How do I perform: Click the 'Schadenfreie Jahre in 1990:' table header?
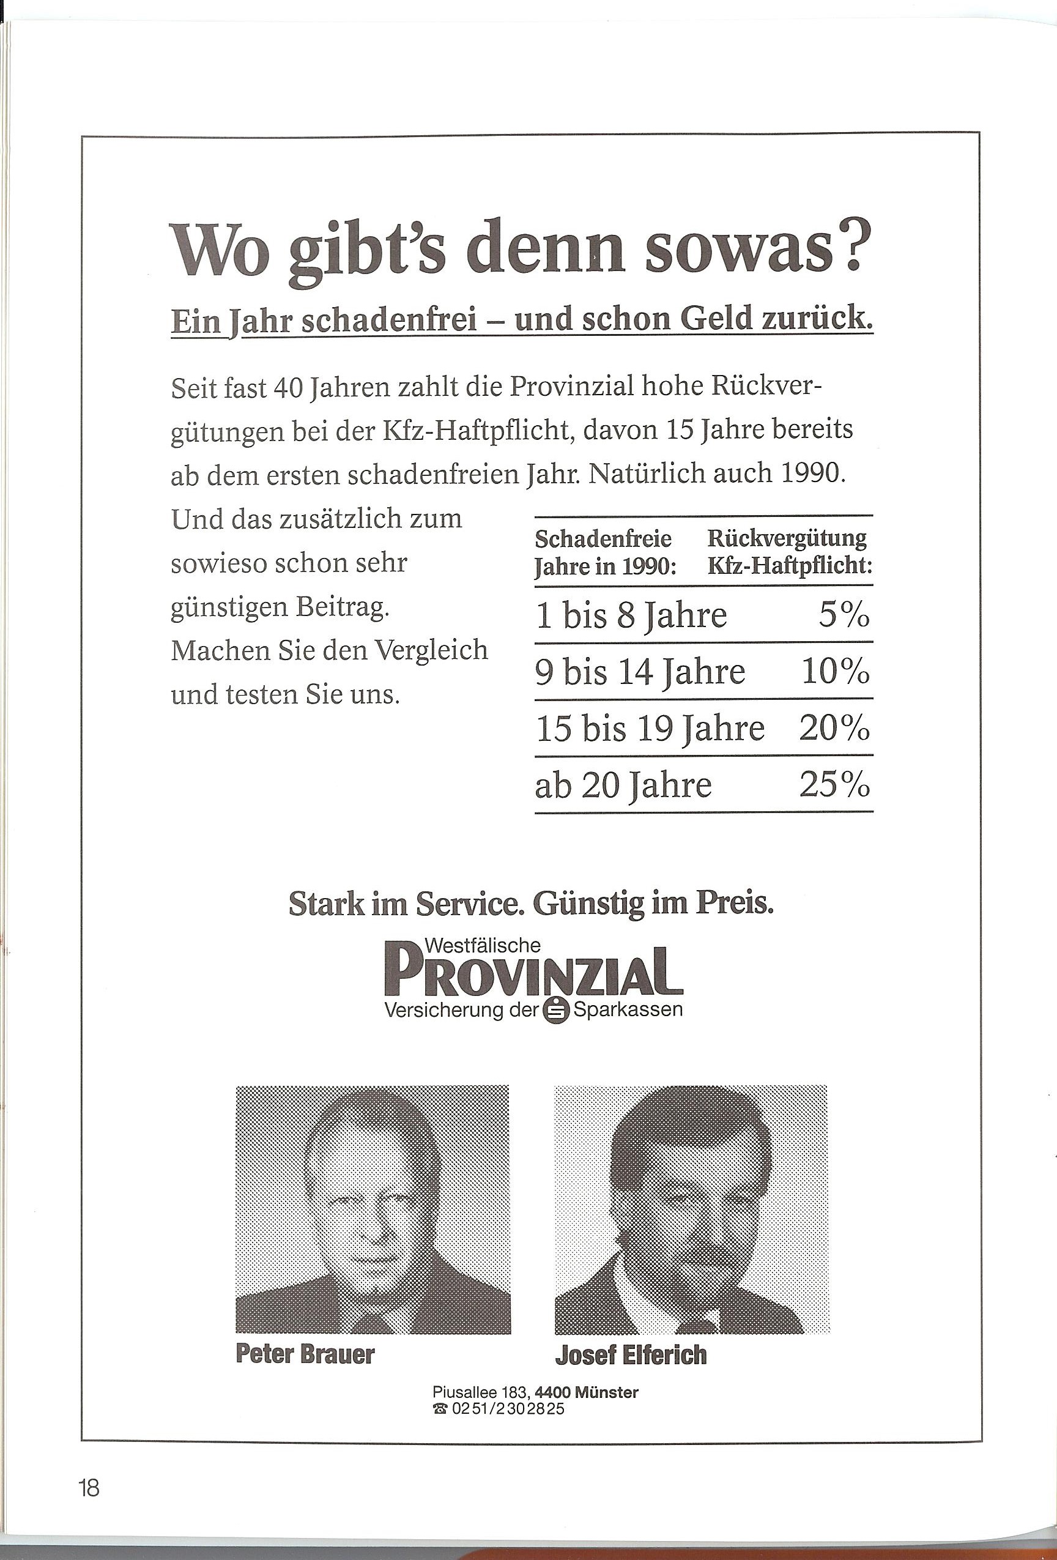[604, 552]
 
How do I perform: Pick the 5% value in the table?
[844, 615]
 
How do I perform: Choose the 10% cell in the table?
[836, 671]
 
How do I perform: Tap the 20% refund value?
[835, 729]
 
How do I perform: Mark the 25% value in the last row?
[835, 785]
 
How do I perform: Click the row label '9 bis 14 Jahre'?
[640, 671]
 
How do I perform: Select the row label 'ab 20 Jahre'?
[623, 785]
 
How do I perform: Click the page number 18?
[89, 1487]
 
